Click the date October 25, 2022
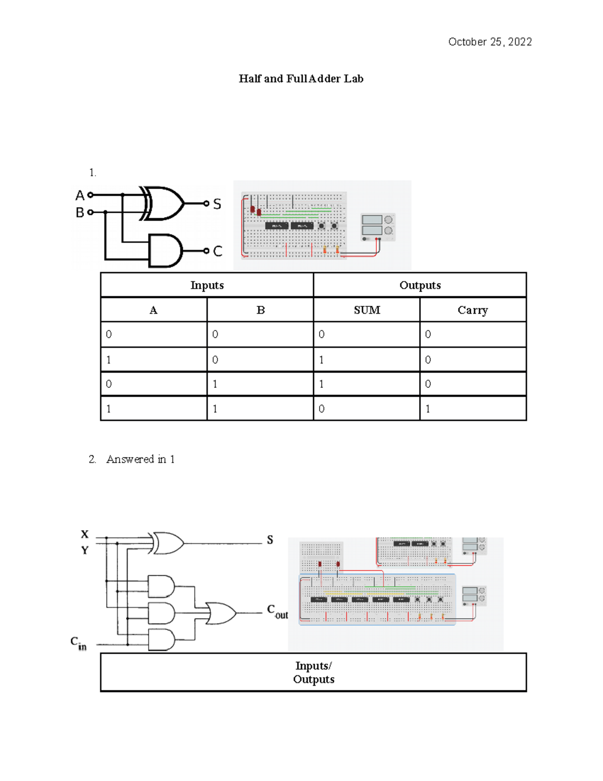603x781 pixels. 489,42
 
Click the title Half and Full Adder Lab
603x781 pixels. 301,78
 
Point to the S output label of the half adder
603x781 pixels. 217,204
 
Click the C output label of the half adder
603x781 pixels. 218,251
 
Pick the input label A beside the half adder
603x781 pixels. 79,195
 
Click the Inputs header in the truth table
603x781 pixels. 207,285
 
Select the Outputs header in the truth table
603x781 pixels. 420,285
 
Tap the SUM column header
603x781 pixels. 367,310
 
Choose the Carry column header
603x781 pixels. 472,310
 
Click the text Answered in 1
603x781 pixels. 140,459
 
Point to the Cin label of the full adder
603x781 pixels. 78,643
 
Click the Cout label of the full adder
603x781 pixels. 277,612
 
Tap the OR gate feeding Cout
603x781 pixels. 222,613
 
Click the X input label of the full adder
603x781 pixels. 85,534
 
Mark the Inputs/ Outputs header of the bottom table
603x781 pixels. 314,672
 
